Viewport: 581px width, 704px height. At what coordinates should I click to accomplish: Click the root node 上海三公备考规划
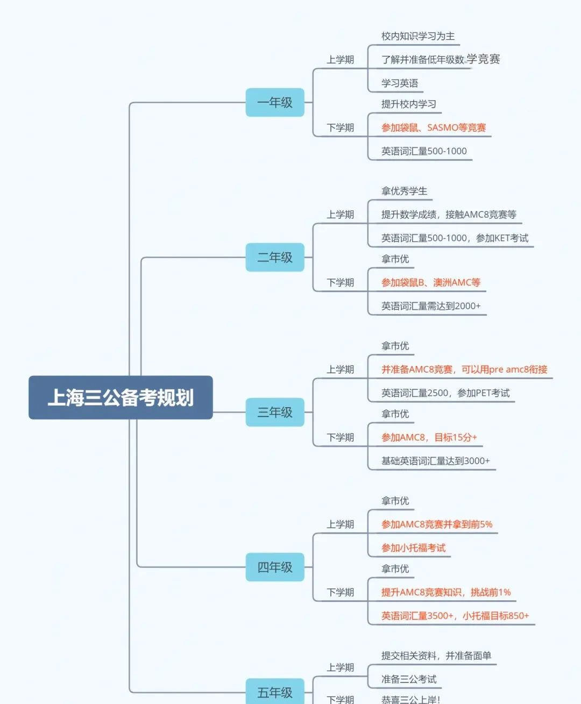coord(121,397)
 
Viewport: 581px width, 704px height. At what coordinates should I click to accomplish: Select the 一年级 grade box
coord(275,102)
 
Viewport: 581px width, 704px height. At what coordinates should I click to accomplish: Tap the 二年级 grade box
coord(275,257)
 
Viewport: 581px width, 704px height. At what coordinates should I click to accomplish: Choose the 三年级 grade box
coord(275,412)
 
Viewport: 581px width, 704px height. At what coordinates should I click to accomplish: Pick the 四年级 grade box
coord(275,567)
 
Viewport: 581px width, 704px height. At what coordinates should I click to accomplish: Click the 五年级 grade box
coord(275,692)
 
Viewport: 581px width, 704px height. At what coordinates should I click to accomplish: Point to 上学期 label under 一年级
coord(340,60)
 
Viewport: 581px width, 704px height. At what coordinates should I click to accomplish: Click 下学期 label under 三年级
coord(340,437)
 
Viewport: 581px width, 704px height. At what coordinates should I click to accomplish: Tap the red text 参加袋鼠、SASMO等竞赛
coord(433,127)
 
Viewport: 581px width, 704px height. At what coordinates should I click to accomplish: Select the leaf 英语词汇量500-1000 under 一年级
coord(424,151)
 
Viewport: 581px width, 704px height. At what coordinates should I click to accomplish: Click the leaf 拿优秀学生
coord(404,191)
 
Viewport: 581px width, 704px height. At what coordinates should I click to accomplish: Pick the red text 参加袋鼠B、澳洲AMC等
coord(430,282)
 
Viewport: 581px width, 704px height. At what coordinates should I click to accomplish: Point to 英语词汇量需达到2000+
coord(430,306)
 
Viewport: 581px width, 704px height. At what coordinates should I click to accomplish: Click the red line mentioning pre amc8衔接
coord(464,369)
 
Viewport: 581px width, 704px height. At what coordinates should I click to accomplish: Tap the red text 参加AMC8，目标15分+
coord(429,437)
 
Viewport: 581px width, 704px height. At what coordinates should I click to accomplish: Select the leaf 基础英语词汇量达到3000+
coord(435,461)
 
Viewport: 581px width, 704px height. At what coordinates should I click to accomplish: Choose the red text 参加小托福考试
coord(413,548)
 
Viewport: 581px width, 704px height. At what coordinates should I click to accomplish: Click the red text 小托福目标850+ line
coord(455,616)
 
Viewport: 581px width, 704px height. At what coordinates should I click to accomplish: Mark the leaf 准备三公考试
coord(409,679)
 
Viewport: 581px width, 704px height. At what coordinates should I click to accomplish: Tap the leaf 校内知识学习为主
coord(417,36)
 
